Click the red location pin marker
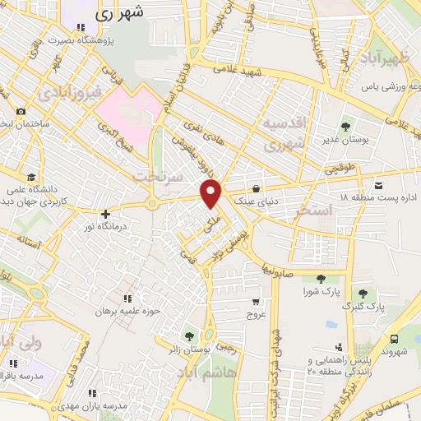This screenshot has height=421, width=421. [211, 194]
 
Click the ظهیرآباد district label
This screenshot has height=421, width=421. [383, 59]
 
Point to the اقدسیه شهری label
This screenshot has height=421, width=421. [283, 132]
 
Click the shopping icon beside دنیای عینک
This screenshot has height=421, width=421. [258, 187]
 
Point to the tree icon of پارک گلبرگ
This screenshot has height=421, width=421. [362, 294]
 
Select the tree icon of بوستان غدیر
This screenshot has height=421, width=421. [344, 127]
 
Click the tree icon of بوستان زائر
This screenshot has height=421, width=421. [190, 336]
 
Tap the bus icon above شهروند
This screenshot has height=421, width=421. [395, 339]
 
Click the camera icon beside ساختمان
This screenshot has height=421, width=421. [20, 112]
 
